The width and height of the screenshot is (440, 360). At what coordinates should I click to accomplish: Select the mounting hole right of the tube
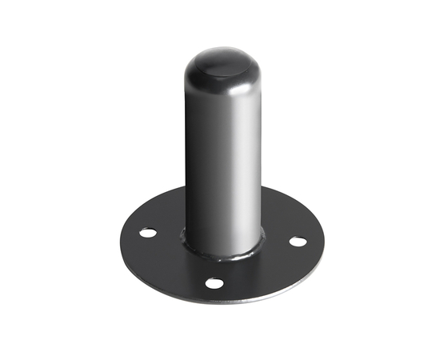(297, 240)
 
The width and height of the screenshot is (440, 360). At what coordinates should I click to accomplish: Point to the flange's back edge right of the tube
(288, 200)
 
